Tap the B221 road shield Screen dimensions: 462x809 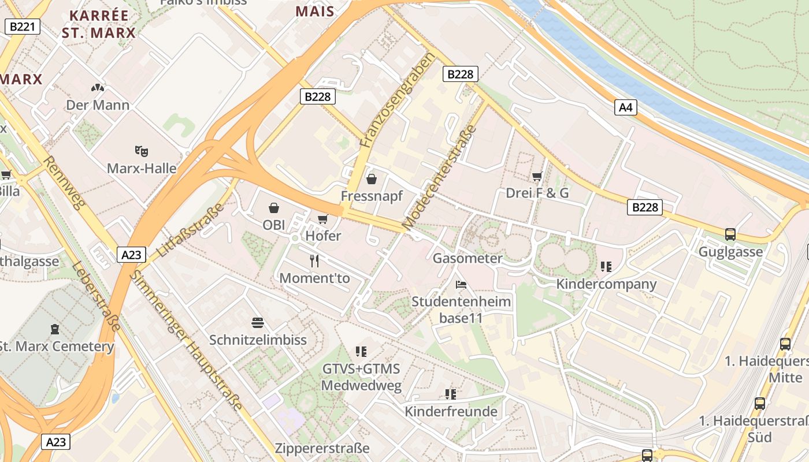[23, 26]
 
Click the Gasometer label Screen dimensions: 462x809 [467, 258]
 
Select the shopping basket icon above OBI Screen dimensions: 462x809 [274, 208]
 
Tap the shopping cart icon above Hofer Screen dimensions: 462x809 [322, 219]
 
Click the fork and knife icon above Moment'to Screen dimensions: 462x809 [314, 261]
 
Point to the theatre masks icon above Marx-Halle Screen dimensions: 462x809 [142, 151]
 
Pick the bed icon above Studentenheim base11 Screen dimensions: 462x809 [461, 285]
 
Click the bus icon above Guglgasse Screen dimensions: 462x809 [730, 234]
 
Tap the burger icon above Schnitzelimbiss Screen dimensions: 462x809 [258, 322]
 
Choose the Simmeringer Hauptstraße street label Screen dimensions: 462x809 [185, 340]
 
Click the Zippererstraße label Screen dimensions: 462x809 [322, 448]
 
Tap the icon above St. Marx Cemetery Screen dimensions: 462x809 [55, 329]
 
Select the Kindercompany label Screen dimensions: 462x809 [606, 284]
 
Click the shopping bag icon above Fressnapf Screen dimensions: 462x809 [372, 179]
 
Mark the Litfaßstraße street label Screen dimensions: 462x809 [190, 230]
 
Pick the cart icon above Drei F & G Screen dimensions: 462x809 [537, 176]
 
